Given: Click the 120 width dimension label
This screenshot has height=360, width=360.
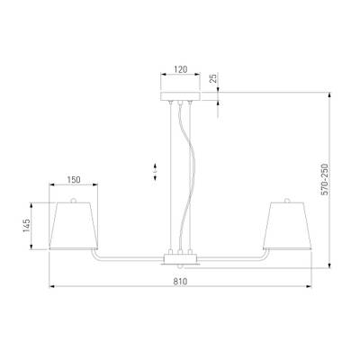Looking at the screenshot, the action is (x=181, y=69).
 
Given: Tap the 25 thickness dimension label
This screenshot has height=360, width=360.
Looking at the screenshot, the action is (x=212, y=78).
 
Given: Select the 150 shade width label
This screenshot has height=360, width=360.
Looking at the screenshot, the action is (x=74, y=180).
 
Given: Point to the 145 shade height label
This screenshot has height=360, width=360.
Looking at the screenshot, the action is (x=27, y=225).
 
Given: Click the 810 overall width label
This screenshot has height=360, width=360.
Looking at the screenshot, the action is (x=180, y=282).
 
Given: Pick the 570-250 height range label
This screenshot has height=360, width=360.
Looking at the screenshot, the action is (x=325, y=180).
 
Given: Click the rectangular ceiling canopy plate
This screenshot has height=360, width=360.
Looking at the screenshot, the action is (x=180, y=96).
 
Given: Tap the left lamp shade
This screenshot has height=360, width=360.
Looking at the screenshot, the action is (x=74, y=226).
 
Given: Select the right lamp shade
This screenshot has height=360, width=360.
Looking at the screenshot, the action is (x=287, y=226).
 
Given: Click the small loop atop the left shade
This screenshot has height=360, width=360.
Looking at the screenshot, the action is (x=73, y=200).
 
